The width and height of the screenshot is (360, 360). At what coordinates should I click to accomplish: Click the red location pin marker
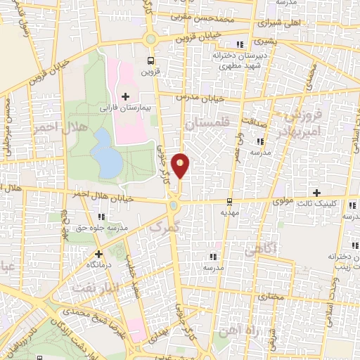click(181, 166)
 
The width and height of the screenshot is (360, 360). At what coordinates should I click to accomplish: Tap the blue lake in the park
click(107, 154)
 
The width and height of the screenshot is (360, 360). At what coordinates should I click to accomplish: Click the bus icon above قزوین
click(150, 60)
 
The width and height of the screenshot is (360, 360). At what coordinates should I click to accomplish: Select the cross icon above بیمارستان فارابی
click(126, 96)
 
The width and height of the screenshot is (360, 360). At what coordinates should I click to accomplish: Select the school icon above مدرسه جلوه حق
click(102, 217)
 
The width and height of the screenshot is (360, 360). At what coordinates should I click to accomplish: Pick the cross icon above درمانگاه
click(98, 254)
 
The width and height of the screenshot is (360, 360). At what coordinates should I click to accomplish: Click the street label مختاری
click(264, 298)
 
